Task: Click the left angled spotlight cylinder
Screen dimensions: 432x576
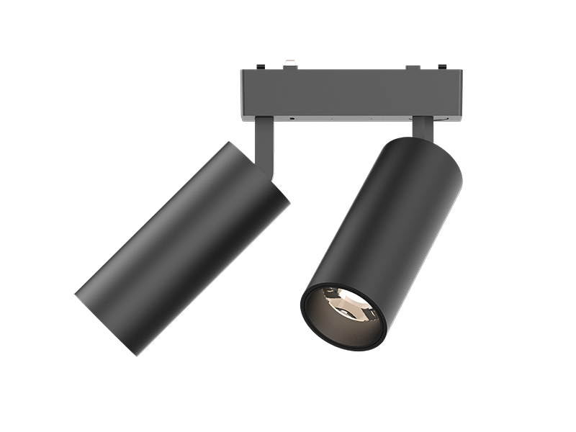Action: [180, 245]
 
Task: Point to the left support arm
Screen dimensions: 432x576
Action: [264, 148]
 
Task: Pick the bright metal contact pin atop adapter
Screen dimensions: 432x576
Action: [290, 64]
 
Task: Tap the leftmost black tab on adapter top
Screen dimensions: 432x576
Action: [260, 67]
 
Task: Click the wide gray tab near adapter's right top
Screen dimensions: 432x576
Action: [413, 68]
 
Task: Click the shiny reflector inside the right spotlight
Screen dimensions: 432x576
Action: [344, 302]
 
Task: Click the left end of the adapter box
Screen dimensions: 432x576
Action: [246, 94]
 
